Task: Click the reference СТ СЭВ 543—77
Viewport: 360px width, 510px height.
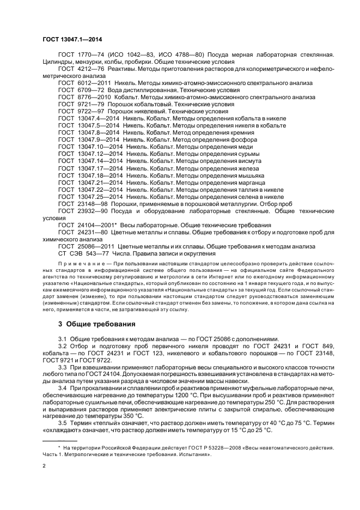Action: (x=82, y=254)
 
